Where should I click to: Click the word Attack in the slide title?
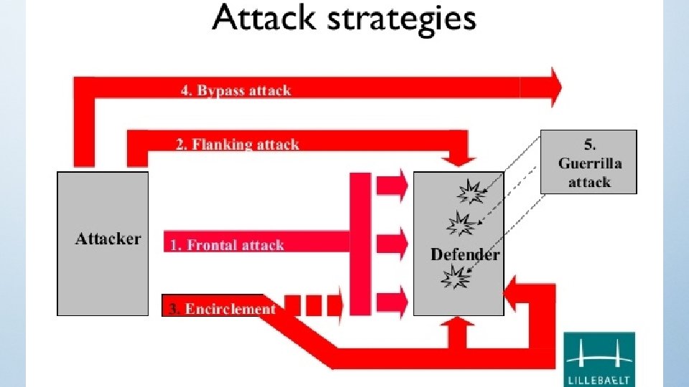pyautogui.click(x=263, y=19)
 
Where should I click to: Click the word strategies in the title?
pyautogui.click(x=402, y=20)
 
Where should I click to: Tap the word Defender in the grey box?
pyautogui.click(x=464, y=254)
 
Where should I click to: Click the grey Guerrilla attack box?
pyautogui.click(x=589, y=161)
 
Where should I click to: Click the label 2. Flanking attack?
pyautogui.click(x=237, y=144)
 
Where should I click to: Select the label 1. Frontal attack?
pyautogui.click(x=227, y=245)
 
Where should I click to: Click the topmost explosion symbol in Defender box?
pyautogui.click(x=472, y=191)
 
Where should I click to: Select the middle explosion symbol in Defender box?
pyautogui.click(x=459, y=224)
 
